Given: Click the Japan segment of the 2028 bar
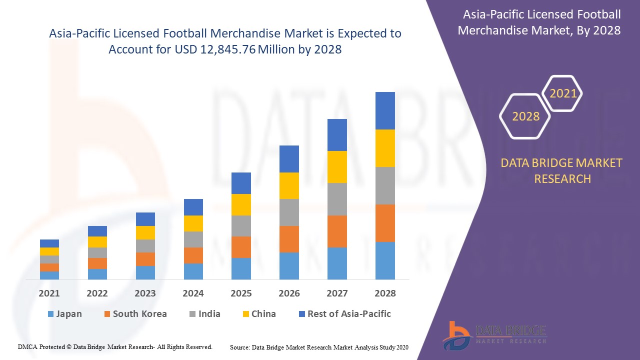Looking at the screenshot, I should pyautogui.click(x=385, y=260).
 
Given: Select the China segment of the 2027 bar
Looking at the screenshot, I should pyautogui.click(x=337, y=167).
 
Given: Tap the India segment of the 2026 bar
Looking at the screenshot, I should pyautogui.click(x=289, y=212).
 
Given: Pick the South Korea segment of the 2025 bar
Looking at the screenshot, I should pyautogui.click(x=241, y=247).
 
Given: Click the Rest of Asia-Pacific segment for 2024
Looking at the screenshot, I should pyautogui.click(x=193, y=207).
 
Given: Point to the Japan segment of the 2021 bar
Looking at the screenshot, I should pyautogui.click(x=49, y=275).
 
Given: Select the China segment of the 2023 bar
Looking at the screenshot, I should pyautogui.click(x=145, y=232).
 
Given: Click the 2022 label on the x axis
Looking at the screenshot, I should pyautogui.click(x=97, y=293).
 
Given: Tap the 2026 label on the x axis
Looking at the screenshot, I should pyautogui.click(x=289, y=293).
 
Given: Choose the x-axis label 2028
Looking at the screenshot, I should pyautogui.click(x=385, y=293).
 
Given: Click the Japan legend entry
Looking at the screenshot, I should pyautogui.click(x=64, y=314).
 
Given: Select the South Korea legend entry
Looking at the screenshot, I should pyautogui.click(x=135, y=314).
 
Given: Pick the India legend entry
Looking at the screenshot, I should pyautogui.click(x=204, y=314).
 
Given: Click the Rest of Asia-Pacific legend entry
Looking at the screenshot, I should pyautogui.click(x=344, y=314).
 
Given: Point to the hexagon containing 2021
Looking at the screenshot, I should pyautogui.click(x=563, y=93).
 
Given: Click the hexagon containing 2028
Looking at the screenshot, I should pyautogui.click(x=525, y=116).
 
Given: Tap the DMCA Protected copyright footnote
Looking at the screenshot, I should pyautogui.click(x=115, y=346).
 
